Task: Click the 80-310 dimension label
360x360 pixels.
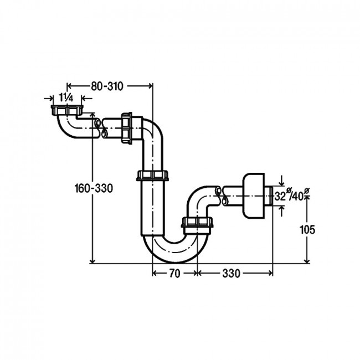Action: click(x=107, y=86)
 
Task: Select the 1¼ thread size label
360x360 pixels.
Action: click(x=66, y=98)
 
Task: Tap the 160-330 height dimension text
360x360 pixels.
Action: click(x=94, y=189)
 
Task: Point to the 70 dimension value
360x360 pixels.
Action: click(x=174, y=273)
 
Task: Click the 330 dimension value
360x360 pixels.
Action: click(x=231, y=273)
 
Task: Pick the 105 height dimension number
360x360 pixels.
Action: click(x=307, y=230)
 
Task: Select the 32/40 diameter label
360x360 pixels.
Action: click(x=292, y=195)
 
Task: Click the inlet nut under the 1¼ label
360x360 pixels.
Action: click(x=66, y=110)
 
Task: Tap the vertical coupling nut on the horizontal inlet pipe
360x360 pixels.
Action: click(x=126, y=128)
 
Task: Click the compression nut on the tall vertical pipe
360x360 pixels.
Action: click(x=152, y=176)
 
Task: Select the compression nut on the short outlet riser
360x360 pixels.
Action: click(x=198, y=222)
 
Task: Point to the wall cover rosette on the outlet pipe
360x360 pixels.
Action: click(x=253, y=196)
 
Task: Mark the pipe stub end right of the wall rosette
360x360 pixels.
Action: click(x=269, y=196)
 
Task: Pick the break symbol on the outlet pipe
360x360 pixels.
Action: click(x=221, y=196)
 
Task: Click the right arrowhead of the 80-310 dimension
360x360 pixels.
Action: click(x=151, y=86)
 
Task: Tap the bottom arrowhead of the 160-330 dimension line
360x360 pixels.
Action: click(x=92, y=261)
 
